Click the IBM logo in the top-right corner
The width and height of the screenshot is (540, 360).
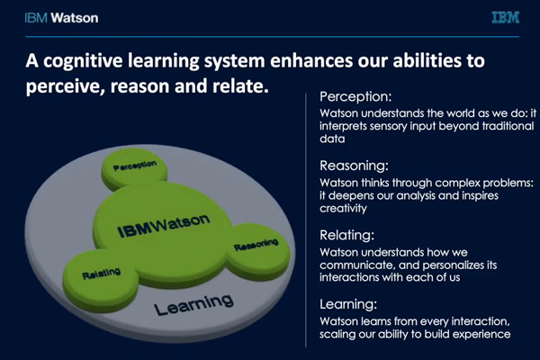tap(505, 18)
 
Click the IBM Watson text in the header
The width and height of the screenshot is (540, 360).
tap(61, 18)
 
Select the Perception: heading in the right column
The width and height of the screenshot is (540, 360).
tap(355, 96)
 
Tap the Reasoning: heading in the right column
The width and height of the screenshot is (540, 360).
tap(354, 166)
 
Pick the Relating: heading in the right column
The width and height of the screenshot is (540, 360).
tap(346, 235)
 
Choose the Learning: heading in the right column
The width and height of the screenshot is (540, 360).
tap(348, 304)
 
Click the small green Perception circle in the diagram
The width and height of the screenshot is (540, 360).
tap(135, 168)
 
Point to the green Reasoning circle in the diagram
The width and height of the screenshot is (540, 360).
tap(257, 250)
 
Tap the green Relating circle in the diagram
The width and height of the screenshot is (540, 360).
tap(101, 280)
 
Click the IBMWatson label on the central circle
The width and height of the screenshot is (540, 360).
tap(164, 226)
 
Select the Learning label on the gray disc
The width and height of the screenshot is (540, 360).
tap(193, 305)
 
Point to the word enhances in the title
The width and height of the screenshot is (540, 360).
tap(311, 60)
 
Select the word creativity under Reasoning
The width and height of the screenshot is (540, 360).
tap(343, 209)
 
